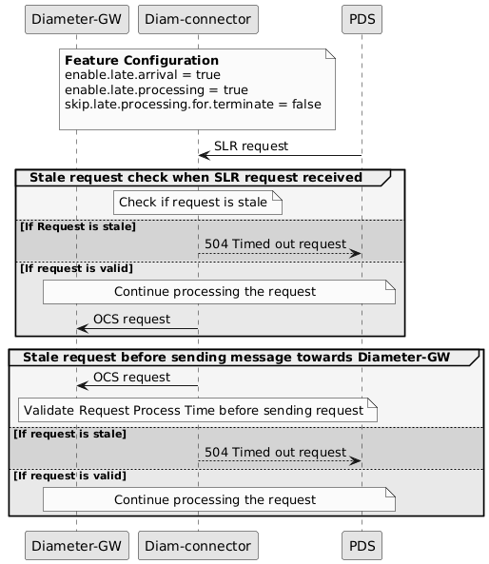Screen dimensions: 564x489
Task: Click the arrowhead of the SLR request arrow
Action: [203, 155]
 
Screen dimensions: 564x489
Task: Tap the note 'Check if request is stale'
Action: [193, 202]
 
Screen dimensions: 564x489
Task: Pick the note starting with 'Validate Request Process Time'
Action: [193, 411]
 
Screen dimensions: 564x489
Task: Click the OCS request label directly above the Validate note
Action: [131, 377]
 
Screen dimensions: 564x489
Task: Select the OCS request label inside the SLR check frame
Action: [131, 319]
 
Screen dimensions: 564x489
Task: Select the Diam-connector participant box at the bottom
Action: [198, 545]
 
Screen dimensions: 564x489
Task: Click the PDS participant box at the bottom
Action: [361, 545]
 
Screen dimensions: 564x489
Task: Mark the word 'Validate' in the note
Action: [50, 411]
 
